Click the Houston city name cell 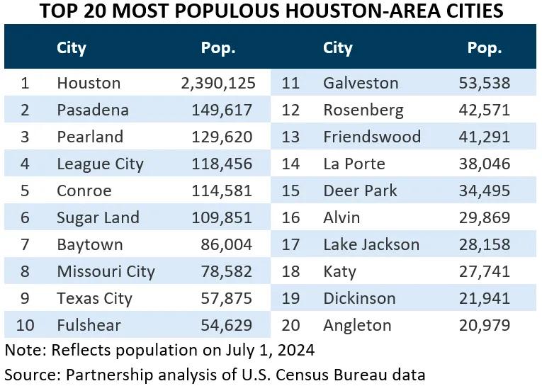pos(89,83)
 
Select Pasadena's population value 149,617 pos(221,110)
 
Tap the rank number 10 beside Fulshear pos(25,325)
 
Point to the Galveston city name pos(361,83)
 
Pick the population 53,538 pos(485,83)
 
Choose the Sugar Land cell pos(98,217)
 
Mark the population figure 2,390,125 pos(218,83)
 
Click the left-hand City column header pos(72,48)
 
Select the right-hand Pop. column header pos(485,48)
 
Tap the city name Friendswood pos(372,137)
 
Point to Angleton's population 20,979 pos(485,325)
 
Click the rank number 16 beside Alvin pos(291,217)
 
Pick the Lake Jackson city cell pos(371,244)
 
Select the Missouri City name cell pos(106,271)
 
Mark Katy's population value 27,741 pos(485,271)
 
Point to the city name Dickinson pos(359,298)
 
